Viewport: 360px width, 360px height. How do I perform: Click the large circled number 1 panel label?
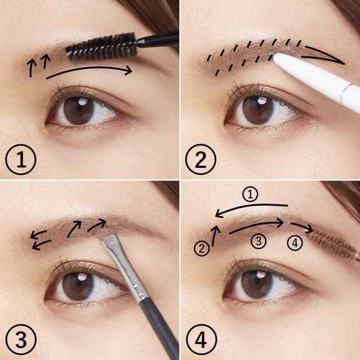pos(21,160)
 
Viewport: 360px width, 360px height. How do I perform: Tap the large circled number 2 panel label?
pos(200,160)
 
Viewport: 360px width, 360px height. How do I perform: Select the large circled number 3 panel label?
pos(21,340)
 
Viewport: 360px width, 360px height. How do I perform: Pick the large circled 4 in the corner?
pos(201,340)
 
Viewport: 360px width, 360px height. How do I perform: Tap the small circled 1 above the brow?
pos(250,195)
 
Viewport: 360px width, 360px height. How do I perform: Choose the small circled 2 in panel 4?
pos(202,248)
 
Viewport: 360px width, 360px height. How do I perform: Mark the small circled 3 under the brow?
pos(259,241)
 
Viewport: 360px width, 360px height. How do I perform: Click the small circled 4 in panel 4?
pos(295,243)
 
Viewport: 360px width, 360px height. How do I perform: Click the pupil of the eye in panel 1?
pos(79,110)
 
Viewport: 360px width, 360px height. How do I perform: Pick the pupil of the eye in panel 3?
pos(78,287)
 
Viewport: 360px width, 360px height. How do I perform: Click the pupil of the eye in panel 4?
pos(257,285)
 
